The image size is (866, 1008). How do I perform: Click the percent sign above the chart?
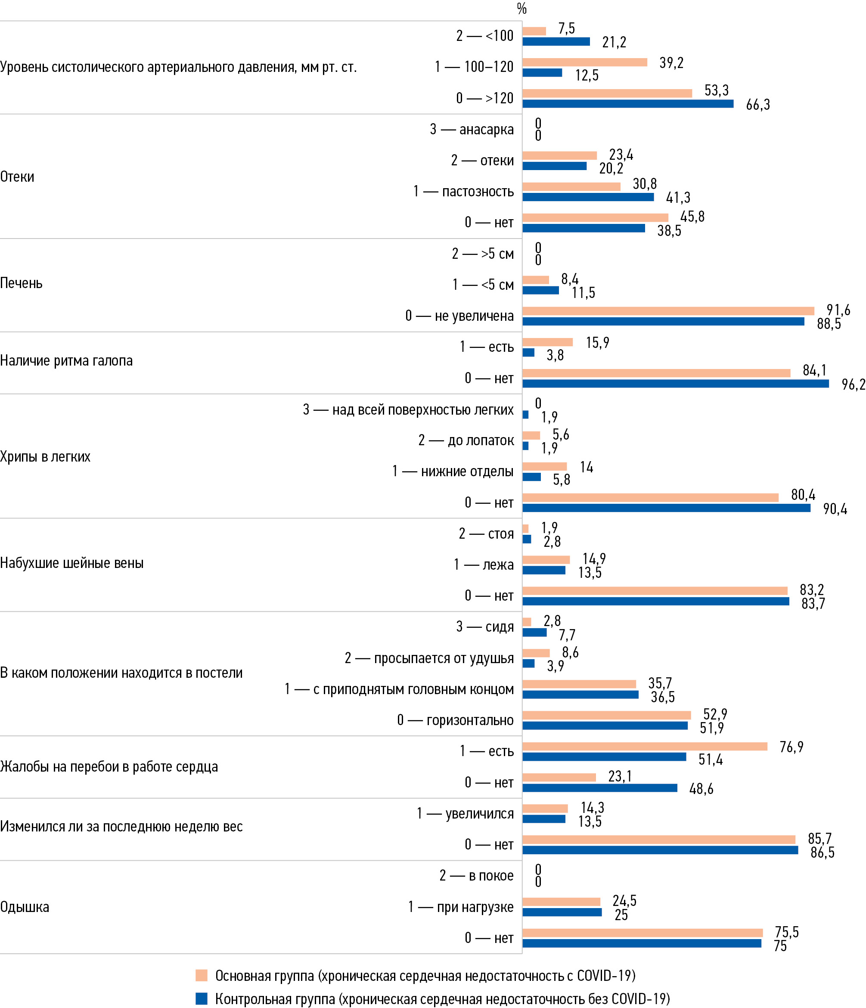[x=521, y=9]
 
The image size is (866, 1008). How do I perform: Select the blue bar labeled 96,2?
[x=675, y=384]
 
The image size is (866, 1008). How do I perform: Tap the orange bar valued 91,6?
[x=668, y=311]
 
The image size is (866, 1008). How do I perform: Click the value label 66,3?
[x=757, y=105]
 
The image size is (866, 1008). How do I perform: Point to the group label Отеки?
[x=18, y=177]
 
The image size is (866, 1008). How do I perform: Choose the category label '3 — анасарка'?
[x=472, y=130]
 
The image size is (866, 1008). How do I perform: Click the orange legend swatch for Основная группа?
[x=202, y=975]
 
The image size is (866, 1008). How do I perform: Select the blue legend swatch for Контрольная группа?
[x=202, y=999]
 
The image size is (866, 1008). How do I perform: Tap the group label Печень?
[x=22, y=283]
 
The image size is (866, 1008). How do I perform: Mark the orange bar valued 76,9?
[x=645, y=746]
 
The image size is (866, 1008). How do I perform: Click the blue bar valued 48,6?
[x=599, y=788]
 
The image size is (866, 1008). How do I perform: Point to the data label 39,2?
[x=671, y=63]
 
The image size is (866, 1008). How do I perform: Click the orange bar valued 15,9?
[x=547, y=342]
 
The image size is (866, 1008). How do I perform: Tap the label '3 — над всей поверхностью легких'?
[x=408, y=409]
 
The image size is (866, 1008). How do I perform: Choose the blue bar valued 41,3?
[x=588, y=197]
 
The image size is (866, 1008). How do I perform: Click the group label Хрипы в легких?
[x=45, y=456]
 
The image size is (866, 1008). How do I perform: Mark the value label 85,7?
[x=819, y=839]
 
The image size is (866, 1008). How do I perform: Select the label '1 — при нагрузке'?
[x=460, y=907]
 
